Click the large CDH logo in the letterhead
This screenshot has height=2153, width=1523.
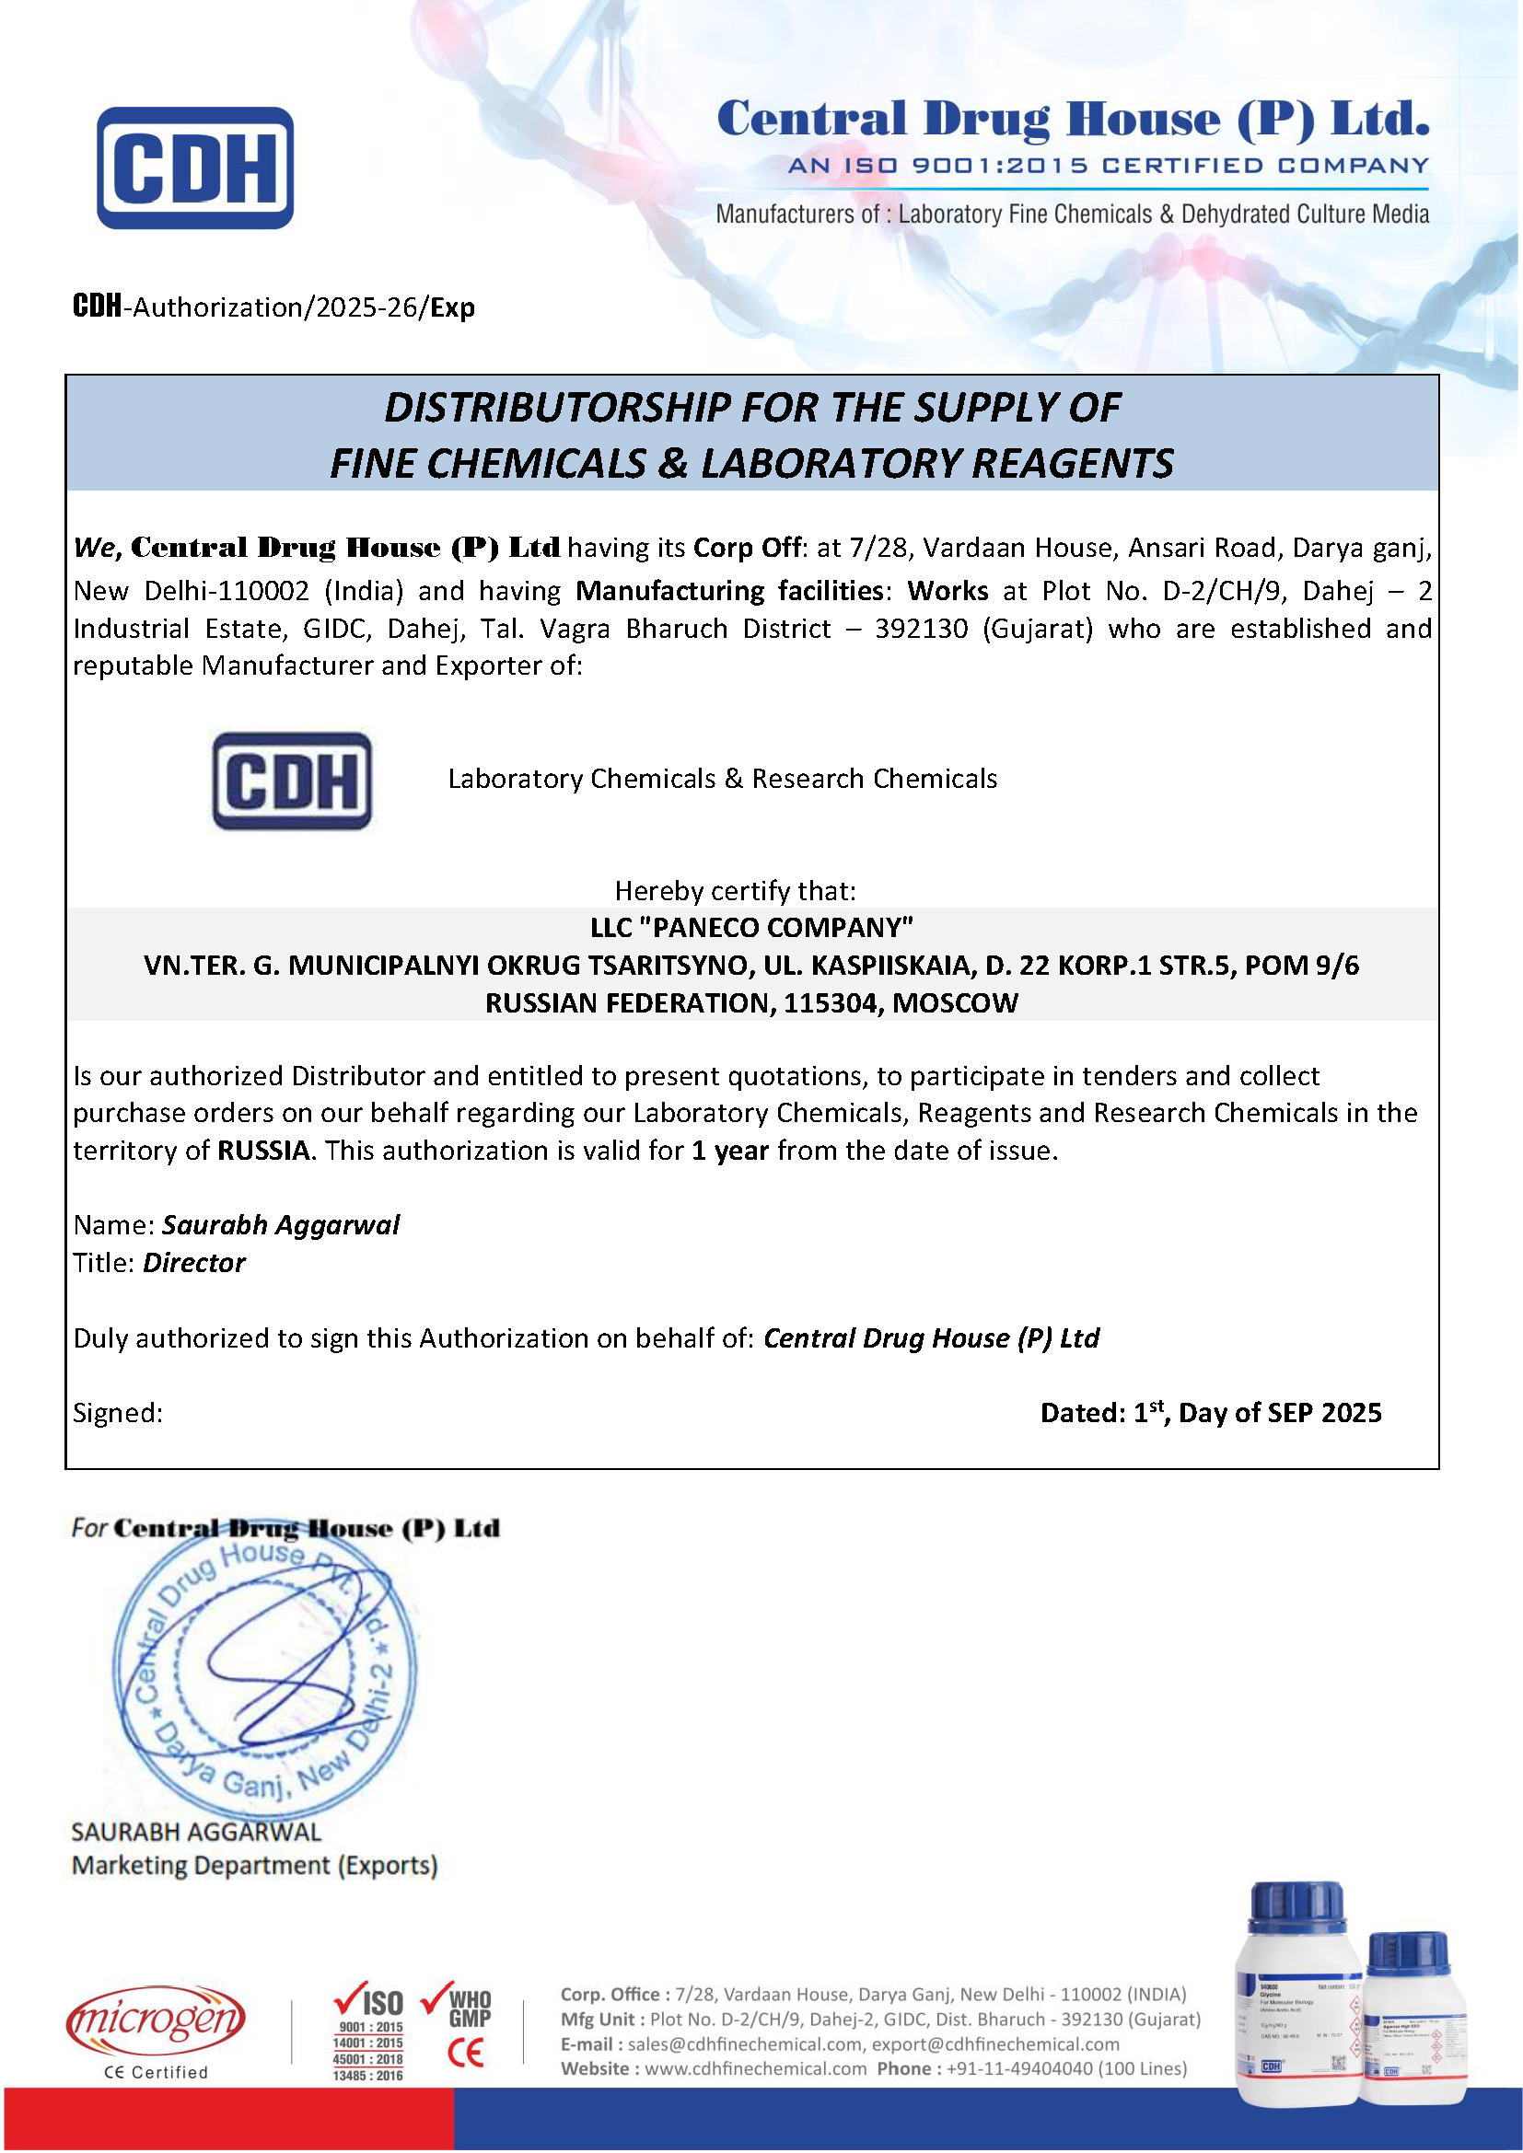coord(195,168)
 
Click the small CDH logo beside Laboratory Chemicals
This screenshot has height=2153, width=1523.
coord(292,781)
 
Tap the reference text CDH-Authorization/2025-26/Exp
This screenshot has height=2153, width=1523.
coord(273,307)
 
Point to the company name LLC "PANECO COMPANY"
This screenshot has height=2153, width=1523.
coord(751,928)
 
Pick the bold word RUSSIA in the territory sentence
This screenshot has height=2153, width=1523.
coord(263,1151)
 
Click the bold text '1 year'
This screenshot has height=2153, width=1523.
coord(729,1151)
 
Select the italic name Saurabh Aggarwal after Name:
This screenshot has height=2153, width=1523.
coord(281,1225)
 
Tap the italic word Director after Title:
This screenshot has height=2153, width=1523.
coord(193,1263)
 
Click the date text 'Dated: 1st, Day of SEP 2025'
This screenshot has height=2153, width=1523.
coord(1210,1412)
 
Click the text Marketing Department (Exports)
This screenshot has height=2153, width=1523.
coord(254,1865)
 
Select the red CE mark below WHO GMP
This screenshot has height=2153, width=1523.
coord(465,2054)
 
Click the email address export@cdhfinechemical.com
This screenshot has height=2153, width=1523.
coord(995,2044)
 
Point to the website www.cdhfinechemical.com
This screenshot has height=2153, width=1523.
coord(755,2068)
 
